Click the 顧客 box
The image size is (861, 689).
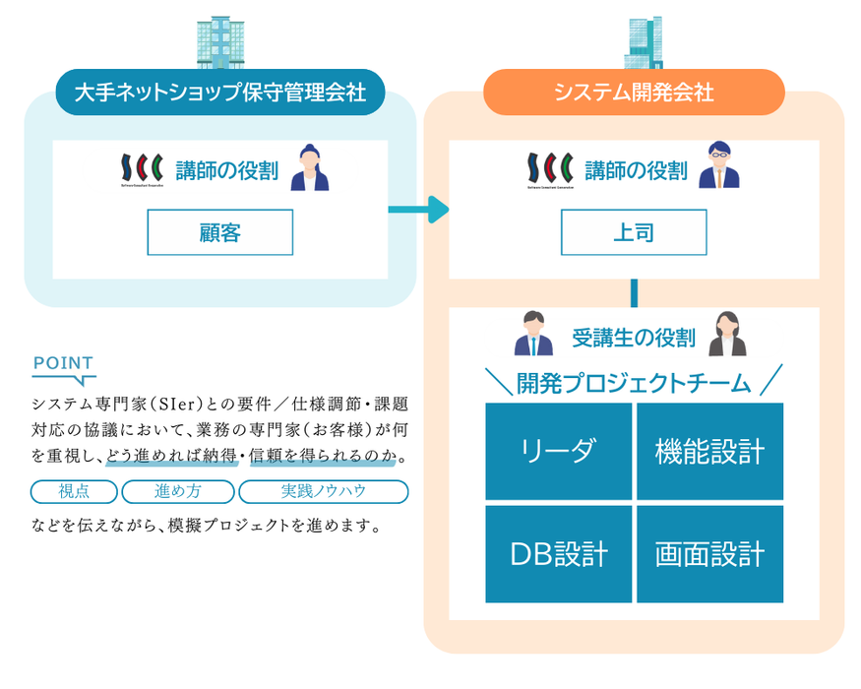pos(219,232)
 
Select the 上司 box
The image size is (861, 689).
pos(634,232)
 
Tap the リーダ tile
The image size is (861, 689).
pos(559,451)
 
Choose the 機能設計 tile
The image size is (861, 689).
pos(709,451)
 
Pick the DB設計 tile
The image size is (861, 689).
pos(559,554)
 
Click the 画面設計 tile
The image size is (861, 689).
pos(709,554)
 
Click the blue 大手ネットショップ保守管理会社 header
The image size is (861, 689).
pos(220,94)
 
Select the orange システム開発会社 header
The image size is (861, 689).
pos(634,94)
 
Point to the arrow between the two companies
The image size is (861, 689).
pos(418,209)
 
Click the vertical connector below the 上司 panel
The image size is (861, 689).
pos(634,292)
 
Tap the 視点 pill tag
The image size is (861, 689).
pos(75,491)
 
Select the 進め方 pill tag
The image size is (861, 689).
pos(178,491)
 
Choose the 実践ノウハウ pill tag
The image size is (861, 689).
pos(324,491)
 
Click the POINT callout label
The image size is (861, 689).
pos(63,364)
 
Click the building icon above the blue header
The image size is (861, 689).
pos(219,40)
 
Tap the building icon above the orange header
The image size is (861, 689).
pos(643,42)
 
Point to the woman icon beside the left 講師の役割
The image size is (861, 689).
pos(309,167)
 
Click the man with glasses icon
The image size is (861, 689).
pos(718,165)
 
